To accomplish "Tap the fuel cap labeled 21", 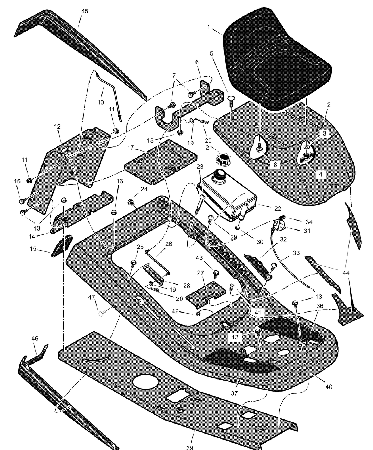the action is click(x=223, y=160).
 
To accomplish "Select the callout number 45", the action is click(x=85, y=11).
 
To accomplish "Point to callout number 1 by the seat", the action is click(x=208, y=27).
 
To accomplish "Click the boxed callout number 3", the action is click(x=325, y=133).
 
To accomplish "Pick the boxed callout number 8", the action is click(x=275, y=165).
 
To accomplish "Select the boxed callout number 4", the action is click(x=320, y=174).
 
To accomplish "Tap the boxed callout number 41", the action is click(x=258, y=312).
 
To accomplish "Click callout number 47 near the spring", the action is click(x=91, y=297).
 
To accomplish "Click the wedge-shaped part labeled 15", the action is click(x=62, y=246).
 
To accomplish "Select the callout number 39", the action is click(x=190, y=447).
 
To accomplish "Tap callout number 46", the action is click(x=35, y=339).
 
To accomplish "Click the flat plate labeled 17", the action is click(x=161, y=162).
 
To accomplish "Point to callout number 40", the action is click(x=329, y=387).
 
